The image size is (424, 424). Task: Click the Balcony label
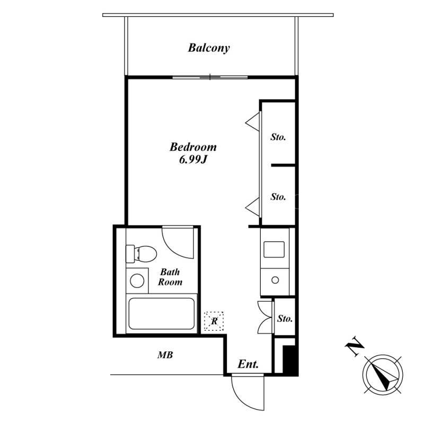tap(209, 48)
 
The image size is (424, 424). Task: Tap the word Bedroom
tap(193, 147)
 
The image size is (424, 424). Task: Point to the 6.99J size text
tap(193, 160)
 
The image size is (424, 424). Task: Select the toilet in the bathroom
tap(141, 254)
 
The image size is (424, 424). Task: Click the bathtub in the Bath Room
tap(162, 313)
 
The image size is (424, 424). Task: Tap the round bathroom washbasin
tap(137, 280)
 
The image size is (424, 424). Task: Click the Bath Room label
tap(170, 277)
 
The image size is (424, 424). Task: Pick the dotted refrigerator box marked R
tap(214, 321)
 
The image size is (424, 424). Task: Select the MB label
tap(165, 355)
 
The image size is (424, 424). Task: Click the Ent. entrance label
tap(248, 364)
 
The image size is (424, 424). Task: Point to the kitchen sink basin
tap(274, 249)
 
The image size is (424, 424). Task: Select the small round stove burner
tap(275, 280)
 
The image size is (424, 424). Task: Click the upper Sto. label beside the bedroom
tap(278, 137)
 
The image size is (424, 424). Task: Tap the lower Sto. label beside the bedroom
tap(278, 197)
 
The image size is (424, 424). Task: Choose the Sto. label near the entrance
tap(285, 319)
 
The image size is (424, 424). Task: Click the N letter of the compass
tap(355, 347)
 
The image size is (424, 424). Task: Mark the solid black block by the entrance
tap(290, 361)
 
